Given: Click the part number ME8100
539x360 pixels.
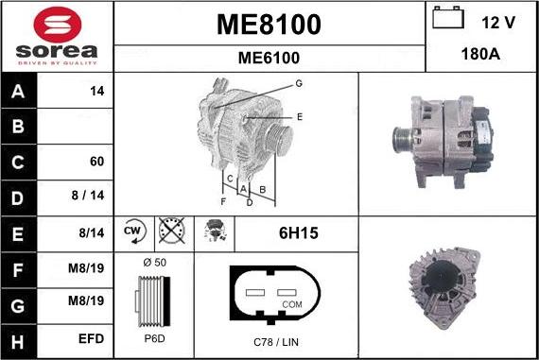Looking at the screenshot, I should pos(269,25).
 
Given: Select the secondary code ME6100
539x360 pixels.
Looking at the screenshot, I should pos(269,58).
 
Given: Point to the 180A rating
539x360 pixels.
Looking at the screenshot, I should pos(481,55).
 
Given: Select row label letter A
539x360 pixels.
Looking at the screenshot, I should pos(18,92).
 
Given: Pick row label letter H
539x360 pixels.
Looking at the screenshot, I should pos(18,336).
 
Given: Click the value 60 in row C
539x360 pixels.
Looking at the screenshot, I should pos(96,162).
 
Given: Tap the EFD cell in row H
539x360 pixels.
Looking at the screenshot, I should pos(92,336).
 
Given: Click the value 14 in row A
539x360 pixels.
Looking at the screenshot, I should pos(96,92).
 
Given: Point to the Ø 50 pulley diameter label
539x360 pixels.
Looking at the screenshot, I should pos(153,261).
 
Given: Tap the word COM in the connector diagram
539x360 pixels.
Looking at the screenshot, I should pos(292,304).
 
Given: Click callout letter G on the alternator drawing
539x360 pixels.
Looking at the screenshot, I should pos(299,84).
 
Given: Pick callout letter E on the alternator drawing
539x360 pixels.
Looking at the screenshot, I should pos(300,116).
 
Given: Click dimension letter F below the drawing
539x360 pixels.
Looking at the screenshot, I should pos(223,201).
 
